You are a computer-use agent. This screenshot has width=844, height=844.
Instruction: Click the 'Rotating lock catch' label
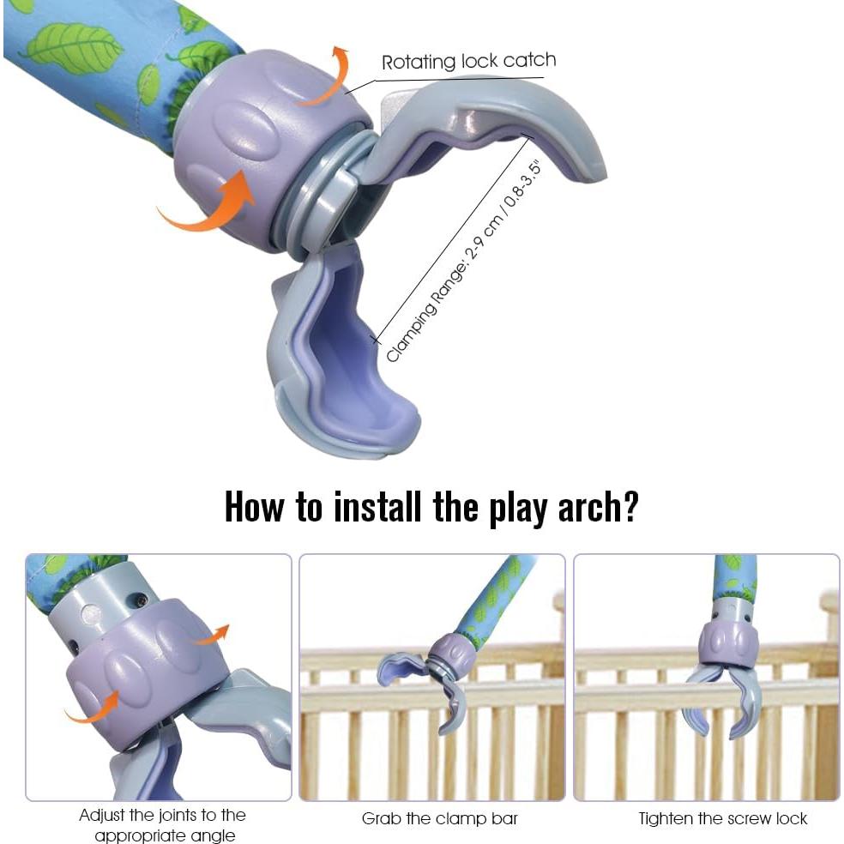tap(468, 62)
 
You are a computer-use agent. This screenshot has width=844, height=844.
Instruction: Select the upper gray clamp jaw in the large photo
tap(497, 129)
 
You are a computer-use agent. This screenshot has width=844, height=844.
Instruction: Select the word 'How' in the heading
tap(256, 506)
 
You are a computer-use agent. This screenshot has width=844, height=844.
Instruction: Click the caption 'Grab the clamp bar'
tap(439, 818)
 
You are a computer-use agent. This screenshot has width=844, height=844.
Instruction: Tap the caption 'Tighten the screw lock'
tap(722, 818)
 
